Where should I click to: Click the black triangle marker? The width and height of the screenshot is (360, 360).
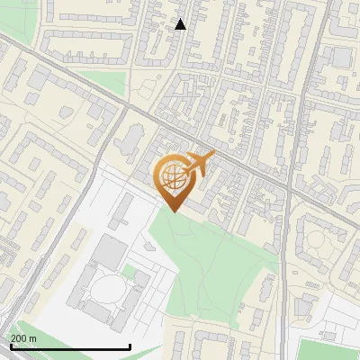click(x=181, y=24)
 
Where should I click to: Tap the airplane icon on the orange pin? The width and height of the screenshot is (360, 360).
click(x=199, y=164)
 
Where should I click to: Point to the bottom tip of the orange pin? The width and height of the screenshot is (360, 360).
click(x=173, y=211)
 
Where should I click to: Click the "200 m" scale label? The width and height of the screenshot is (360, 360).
click(x=23, y=337)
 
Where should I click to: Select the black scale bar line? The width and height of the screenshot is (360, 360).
click(x=70, y=346)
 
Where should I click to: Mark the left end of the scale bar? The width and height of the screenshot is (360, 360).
click(x=10, y=346)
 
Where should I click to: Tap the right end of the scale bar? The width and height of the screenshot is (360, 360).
click(x=130, y=346)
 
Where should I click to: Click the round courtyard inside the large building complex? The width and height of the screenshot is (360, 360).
click(x=108, y=290)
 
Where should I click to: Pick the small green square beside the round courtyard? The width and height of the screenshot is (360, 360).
click(x=130, y=272)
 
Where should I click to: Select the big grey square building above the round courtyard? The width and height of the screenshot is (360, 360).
click(x=110, y=253)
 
